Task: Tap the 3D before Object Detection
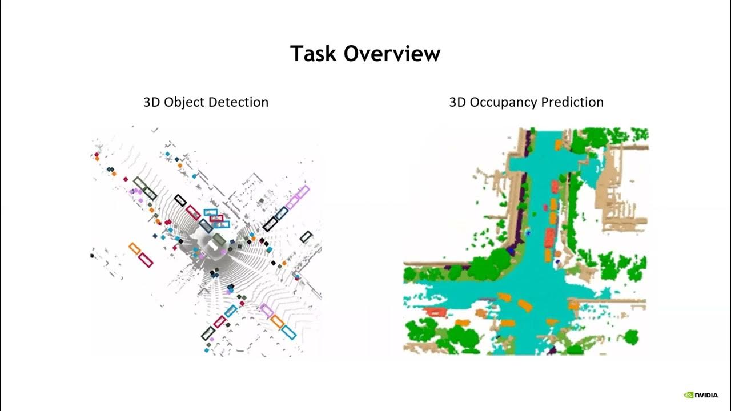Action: pos(152,102)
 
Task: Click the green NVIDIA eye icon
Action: pos(689,395)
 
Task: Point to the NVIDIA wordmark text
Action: pos(707,395)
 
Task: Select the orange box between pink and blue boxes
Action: pos(278,321)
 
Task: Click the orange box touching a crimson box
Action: pos(135,248)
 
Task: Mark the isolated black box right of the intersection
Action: pos(306,236)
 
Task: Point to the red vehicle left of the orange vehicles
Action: pos(437,312)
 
